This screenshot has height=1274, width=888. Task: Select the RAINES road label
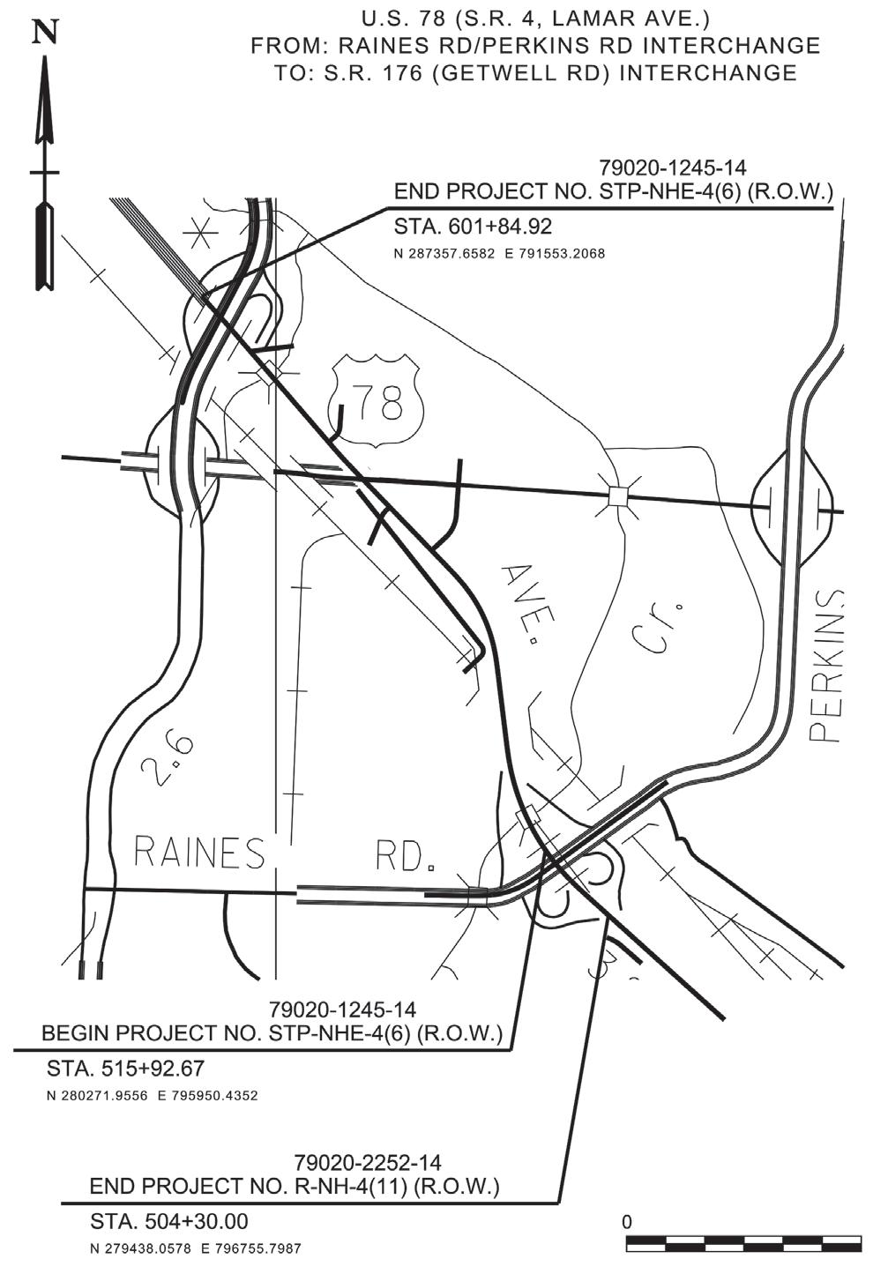(x=199, y=853)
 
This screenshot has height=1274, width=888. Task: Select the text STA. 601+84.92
(x=473, y=227)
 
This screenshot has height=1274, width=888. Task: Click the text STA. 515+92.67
(x=125, y=1069)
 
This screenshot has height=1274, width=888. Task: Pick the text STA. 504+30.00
(x=169, y=1222)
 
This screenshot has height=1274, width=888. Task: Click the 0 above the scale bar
(x=627, y=1222)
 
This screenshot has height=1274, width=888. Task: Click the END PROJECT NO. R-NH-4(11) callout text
(x=295, y=1187)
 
